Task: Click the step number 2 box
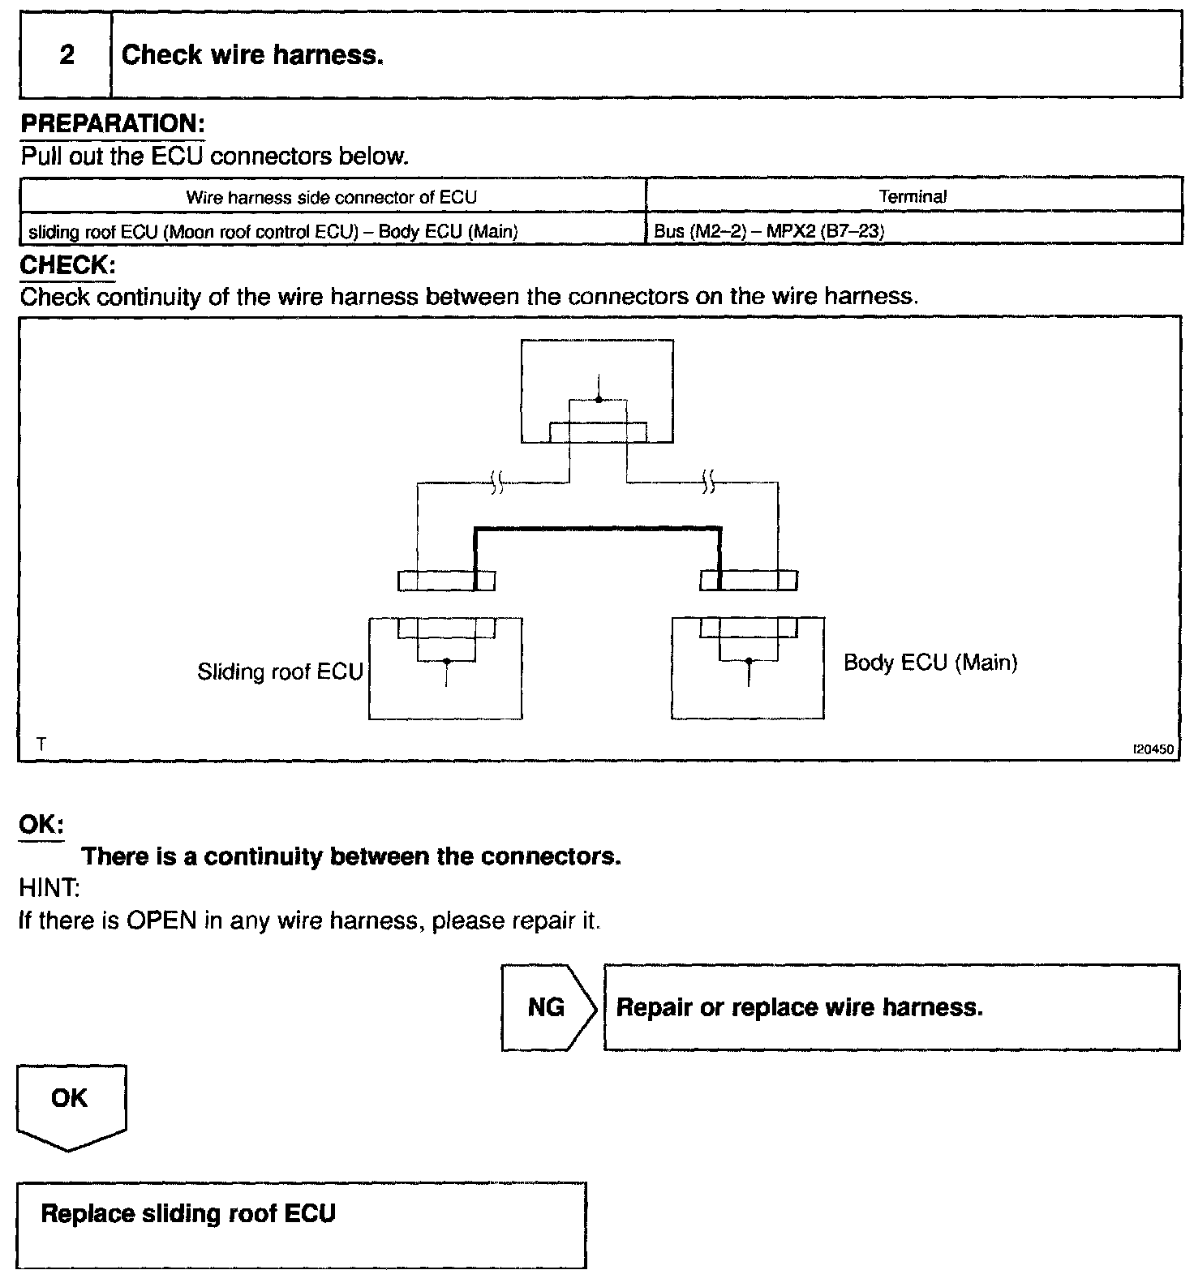tap(66, 55)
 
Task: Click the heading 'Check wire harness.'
tap(251, 55)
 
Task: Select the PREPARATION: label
tap(112, 124)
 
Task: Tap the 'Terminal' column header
tap(913, 196)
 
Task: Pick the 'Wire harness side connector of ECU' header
tap(331, 197)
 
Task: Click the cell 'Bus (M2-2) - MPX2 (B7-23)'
tap(768, 231)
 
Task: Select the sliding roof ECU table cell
tap(273, 231)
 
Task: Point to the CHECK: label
tap(67, 265)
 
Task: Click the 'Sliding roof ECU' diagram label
tap(280, 671)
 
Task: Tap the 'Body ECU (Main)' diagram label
tap(930, 663)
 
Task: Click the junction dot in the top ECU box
tap(599, 399)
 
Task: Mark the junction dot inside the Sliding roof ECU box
tap(446, 662)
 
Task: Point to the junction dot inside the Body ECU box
tap(749, 662)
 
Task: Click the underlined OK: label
tap(41, 824)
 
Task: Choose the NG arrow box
tap(548, 1007)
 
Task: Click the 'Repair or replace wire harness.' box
tap(891, 1007)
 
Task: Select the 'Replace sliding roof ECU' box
tap(301, 1225)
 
